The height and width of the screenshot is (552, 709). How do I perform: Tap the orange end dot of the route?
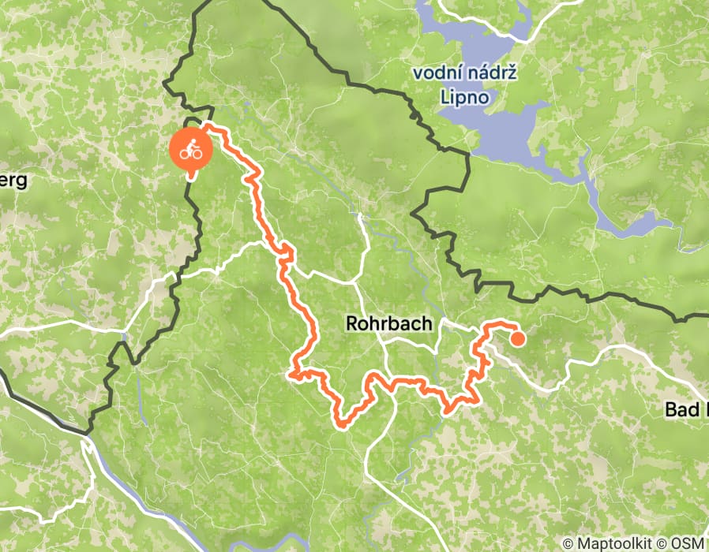[x=518, y=339]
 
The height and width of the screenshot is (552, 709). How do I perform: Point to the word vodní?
[x=434, y=74]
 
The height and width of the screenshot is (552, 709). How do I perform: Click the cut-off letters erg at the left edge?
[x=13, y=181]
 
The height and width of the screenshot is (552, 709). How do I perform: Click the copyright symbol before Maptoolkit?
[x=568, y=543]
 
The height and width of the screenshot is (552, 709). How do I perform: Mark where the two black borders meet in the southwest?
[x=87, y=433]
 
